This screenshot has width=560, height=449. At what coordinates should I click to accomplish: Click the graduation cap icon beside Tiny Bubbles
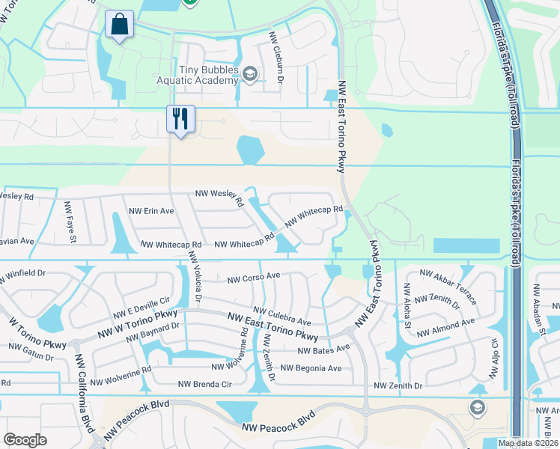point(250,73)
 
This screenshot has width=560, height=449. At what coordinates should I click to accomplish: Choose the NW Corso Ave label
point(254,276)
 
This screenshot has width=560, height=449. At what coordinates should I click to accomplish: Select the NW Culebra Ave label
point(281,315)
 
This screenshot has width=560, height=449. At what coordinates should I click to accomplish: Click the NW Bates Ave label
point(323,349)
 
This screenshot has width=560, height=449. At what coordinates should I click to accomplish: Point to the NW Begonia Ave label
point(311,368)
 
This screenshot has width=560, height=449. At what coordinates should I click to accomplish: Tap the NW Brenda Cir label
point(204,385)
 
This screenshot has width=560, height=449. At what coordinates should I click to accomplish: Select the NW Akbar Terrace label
point(448,287)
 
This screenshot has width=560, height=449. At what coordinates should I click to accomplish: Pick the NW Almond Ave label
point(445,327)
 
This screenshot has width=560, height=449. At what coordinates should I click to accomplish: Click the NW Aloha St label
point(407,306)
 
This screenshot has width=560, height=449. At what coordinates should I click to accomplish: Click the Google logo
point(25,440)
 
